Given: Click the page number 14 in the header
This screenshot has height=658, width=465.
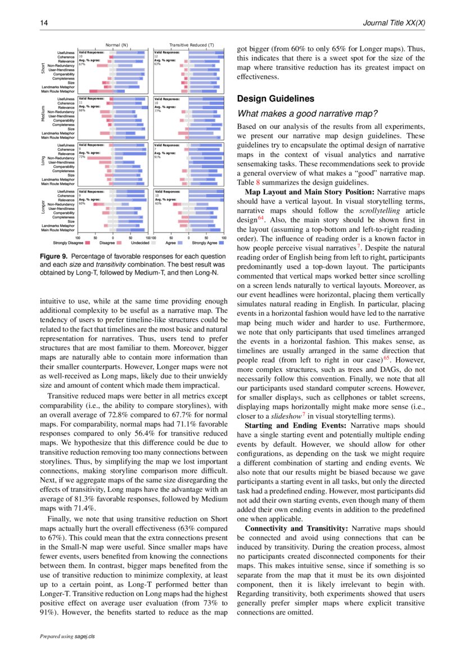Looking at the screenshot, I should [43, 23].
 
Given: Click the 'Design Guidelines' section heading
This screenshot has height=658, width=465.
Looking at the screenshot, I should [276, 99].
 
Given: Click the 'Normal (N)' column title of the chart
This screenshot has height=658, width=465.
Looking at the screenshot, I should [117, 44].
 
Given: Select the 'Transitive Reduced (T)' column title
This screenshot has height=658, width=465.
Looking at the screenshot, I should [191, 44].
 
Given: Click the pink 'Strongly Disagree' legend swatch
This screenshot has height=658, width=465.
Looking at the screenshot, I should [88, 243].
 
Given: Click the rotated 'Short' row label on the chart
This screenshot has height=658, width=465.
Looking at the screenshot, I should [43, 68].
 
